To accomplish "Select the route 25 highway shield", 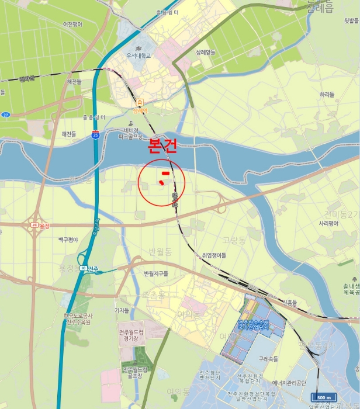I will pyautogui.click(x=95, y=134).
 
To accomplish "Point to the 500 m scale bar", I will pyautogui.click(x=326, y=397).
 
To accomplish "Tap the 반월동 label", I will pyautogui.click(x=160, y=252).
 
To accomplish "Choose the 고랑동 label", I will pyautogui.click(x=234, y=240).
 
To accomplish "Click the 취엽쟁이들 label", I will pyautogui.click(x=214, y=255).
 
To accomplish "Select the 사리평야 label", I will pyautogui.click(x=329, y=224).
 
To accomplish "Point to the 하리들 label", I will pyautogui.click(x=327, y=94).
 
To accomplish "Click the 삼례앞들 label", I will pyautogui.click(x=206, y=52).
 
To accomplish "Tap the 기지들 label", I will pyautogui.click(x=122, y=310).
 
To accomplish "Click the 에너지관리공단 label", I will pyautogui.click(x=285, y=384).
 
